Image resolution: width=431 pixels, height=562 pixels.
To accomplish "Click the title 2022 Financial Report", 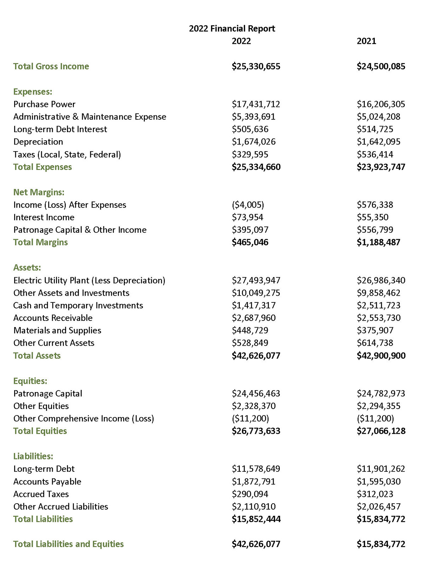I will (232, 29).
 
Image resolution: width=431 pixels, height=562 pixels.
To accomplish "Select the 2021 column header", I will (366, 41).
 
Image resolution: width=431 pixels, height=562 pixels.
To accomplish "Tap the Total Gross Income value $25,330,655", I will (256, 66).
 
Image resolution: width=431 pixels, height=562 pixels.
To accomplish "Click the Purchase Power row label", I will (44, 104).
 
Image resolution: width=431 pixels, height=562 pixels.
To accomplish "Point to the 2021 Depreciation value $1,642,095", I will (378, 142).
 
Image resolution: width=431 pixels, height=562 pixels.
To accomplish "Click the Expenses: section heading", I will (33, 92).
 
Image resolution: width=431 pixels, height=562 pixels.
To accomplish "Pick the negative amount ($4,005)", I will (248, 205).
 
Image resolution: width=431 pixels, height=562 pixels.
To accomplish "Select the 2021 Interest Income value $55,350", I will (372, 217).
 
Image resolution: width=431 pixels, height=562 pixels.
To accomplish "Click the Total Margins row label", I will (40, 242).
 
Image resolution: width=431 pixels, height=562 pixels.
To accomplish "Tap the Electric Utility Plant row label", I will (89, 280).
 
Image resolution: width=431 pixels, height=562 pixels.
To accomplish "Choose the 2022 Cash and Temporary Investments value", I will (254, 305).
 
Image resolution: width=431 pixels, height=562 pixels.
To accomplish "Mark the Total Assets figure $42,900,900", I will (381, 356).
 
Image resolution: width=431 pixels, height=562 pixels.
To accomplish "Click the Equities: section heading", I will (30, 381).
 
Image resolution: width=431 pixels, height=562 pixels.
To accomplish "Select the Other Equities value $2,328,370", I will (254, 406).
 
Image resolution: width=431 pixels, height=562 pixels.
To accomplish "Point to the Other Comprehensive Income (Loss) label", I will (84, 419).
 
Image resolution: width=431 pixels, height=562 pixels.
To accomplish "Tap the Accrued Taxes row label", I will (41, 494).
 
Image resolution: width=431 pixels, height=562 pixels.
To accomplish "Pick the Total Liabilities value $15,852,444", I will (256, 519).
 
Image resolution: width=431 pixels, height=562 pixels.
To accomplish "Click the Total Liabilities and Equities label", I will (68, 544).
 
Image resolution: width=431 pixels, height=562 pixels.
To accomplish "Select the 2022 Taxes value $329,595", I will (250, 154).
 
